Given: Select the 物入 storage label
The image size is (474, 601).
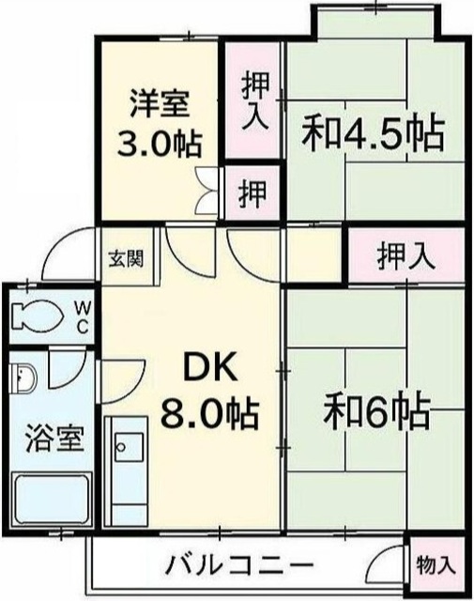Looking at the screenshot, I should coord(436,565).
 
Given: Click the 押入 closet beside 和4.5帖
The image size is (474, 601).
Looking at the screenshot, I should coord(252,100).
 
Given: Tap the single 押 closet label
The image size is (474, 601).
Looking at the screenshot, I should coord(252,195).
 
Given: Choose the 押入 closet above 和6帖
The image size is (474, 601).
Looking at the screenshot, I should coord(405,256).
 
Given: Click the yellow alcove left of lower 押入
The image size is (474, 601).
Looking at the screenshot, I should coord(313,255).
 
